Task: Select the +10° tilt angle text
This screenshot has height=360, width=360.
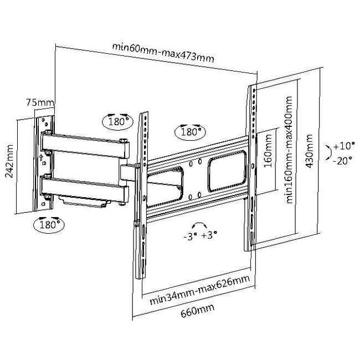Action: click(x=343, y=147)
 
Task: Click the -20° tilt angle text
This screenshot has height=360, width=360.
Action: click(x=343, y=161)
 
